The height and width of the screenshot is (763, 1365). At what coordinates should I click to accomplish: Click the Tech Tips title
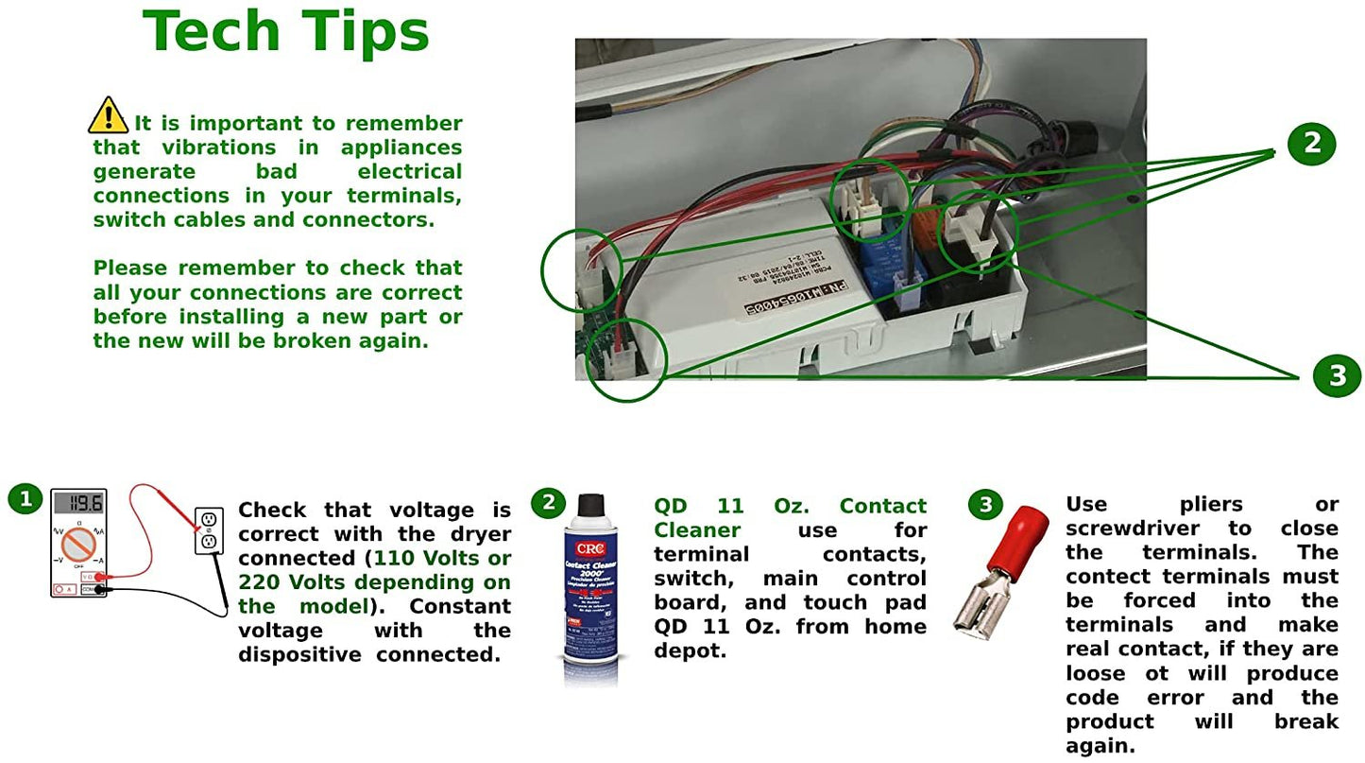pos(285,32)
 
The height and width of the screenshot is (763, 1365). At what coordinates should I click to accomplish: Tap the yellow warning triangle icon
pos(108,116)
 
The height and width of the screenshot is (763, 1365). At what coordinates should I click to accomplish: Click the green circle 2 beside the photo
pos(1311,144)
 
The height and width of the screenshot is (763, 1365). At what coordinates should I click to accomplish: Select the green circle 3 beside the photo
pos(1337,375)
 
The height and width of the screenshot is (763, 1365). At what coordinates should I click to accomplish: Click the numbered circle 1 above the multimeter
pos(26,498)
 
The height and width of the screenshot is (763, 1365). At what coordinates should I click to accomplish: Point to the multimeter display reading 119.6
pos(78,504)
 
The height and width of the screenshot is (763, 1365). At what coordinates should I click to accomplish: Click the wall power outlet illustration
pos(208,530)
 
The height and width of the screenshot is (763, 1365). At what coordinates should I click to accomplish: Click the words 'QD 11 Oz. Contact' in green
pos(790,507)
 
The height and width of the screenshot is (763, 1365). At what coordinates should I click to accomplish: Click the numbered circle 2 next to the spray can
pos(548,503)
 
